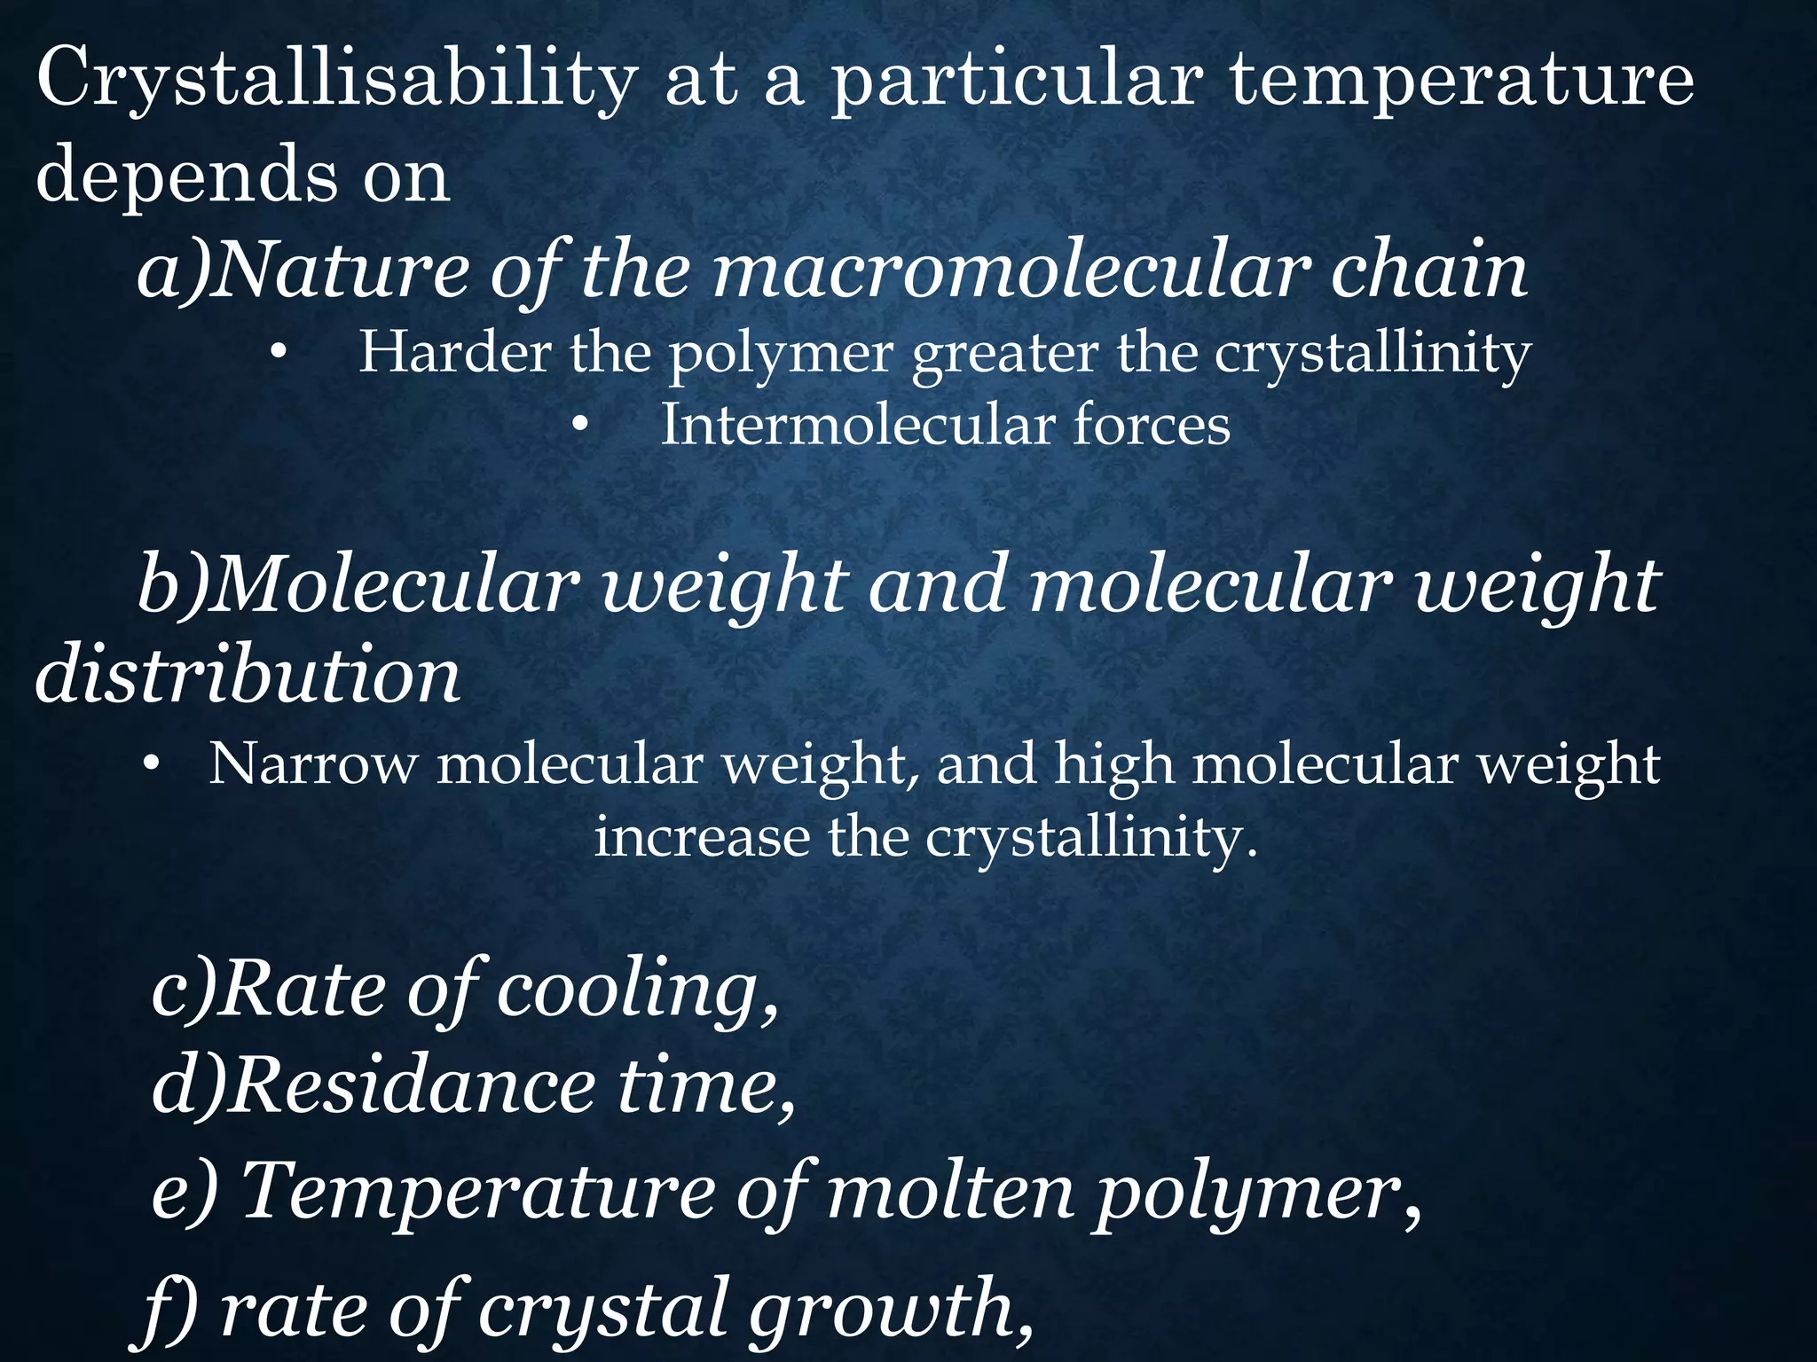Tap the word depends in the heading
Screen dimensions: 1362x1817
[x=186, y=176]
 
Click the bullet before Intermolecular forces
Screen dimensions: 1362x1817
[x=580, y=427]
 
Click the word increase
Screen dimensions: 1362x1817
[x=701, y=837]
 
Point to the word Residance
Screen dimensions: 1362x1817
[x=412, y=1089]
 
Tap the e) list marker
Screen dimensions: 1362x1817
[x=183, y=1194]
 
